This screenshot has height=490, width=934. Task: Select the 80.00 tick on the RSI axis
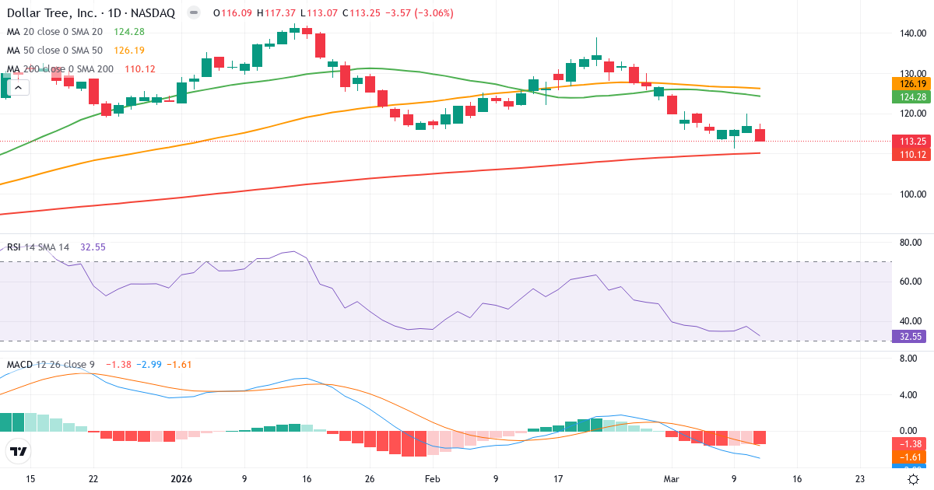(x=911, y=243)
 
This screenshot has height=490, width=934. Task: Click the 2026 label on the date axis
(x=181, y=479)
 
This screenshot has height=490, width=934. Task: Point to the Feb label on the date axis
(x=434, y=479)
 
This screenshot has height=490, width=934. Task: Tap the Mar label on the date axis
(x=672, y=479)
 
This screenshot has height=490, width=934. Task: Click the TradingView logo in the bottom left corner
(x=18, y=451)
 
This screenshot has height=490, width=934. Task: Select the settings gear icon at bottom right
(x=915, y=479)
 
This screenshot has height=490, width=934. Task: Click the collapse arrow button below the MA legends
(x=19, y=87)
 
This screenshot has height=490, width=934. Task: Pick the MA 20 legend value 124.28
(x=128, y=32)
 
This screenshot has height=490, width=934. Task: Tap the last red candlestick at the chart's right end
(x=760, y=135)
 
